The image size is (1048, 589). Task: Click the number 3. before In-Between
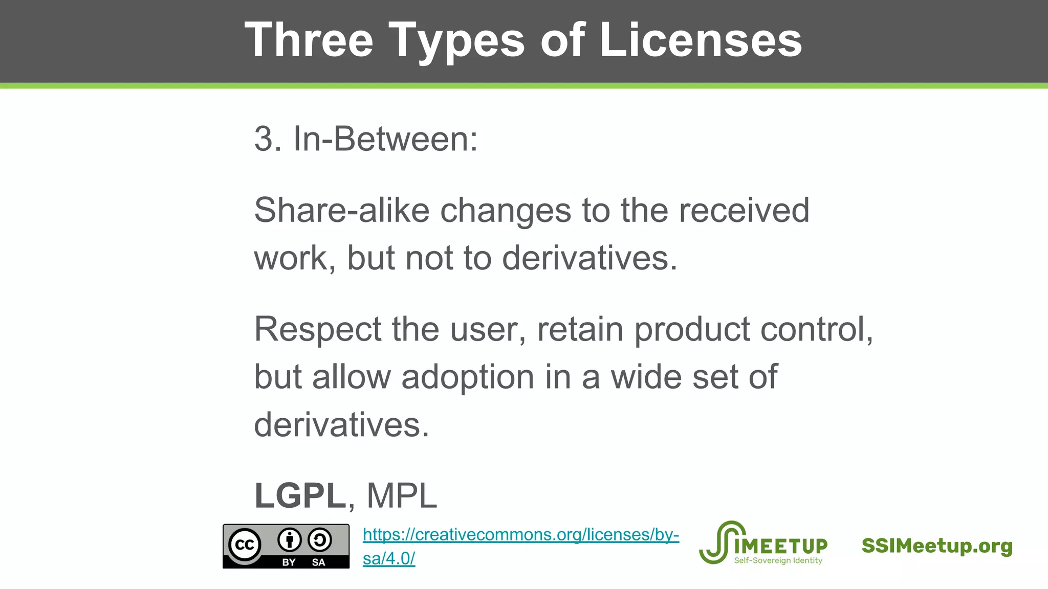coord(268,139)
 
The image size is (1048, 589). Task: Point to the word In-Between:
coord(385,139)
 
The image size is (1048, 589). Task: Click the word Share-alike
coord(341,210)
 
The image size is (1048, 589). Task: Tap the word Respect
coord(317,329)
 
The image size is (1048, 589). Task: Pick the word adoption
coord(468,377)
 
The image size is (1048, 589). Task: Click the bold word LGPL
coord(300,495)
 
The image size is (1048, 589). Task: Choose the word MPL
coord(402,495)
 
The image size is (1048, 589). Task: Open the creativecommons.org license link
coord(520,535)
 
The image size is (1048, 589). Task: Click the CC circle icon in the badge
coord(245,545)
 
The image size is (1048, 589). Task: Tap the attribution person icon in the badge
coord(290,540)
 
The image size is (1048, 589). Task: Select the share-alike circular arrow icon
coord(320,540)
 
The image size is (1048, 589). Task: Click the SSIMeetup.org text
coord(936,546)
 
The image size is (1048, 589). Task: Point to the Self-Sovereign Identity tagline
coord(778,560)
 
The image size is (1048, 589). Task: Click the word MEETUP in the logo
coord(781,546)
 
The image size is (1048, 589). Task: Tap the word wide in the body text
coord(646,377)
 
